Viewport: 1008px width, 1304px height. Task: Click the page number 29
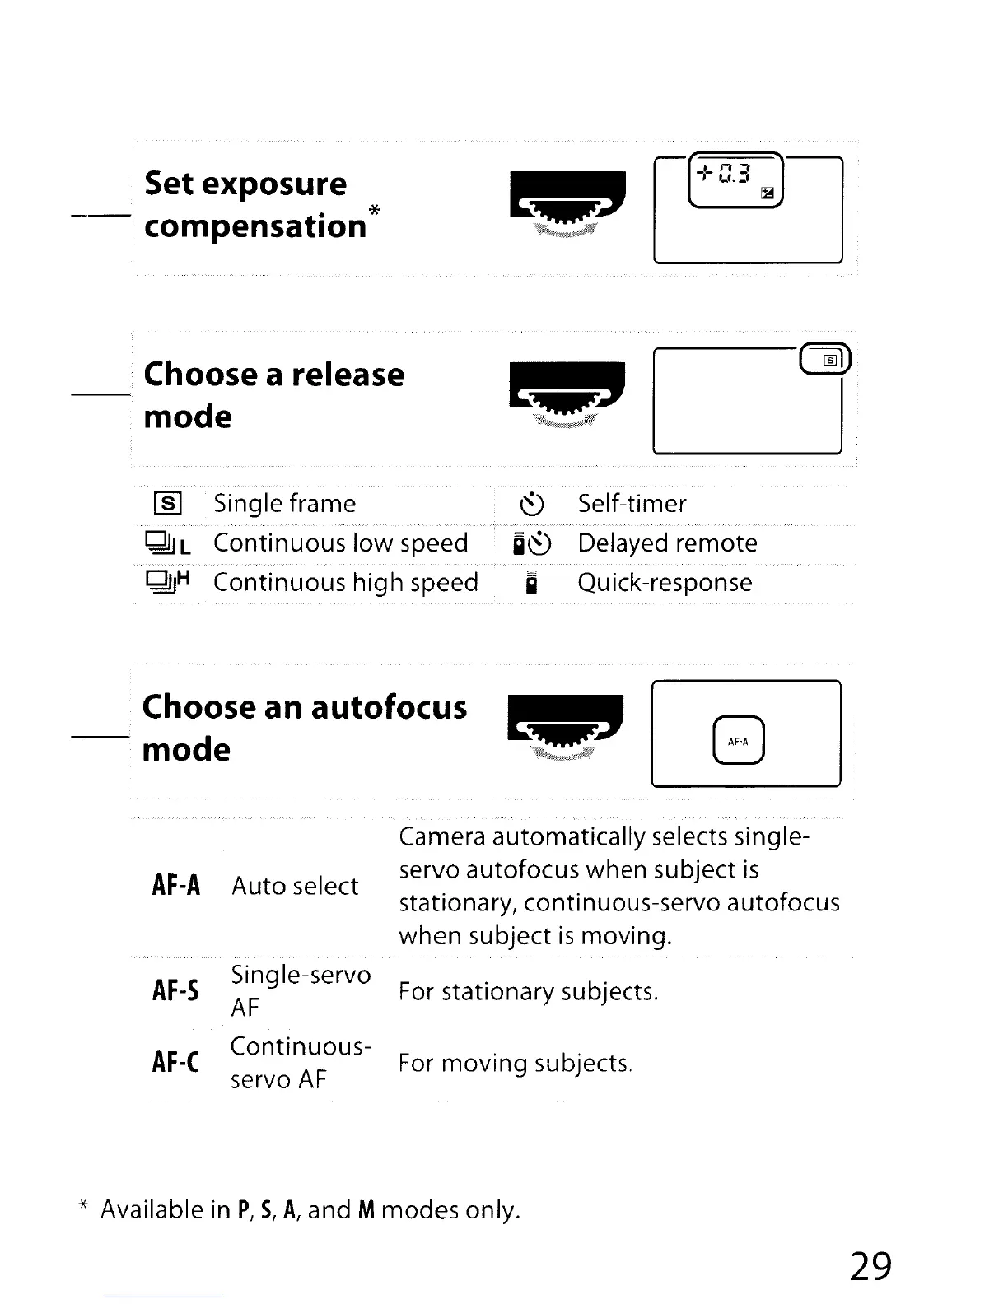(x=870, y=1265)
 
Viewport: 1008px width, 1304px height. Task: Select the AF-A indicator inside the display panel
(x=739, y=741)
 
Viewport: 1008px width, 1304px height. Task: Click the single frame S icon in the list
(x=167, y=503)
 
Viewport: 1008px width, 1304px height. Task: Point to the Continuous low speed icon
(x=168, y=543)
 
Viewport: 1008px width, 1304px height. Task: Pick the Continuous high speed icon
(x=168, y=582)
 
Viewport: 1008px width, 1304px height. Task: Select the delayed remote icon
(x=532, y=543)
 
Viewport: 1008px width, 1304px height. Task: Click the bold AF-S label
(x=175, y=990)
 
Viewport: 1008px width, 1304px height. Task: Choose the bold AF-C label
(x=175, y=1062)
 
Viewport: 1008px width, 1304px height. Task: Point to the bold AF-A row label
(x=176, y=886)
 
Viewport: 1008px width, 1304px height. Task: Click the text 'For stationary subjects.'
(x=528, y=991)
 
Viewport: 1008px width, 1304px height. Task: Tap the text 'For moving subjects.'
(x=515, y=1064)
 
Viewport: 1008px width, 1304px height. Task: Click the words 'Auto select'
(x=295, y=886)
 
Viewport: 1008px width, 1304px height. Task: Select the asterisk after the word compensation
(x=374, y=210)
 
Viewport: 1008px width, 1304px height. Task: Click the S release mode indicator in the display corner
(x=830, y=360)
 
